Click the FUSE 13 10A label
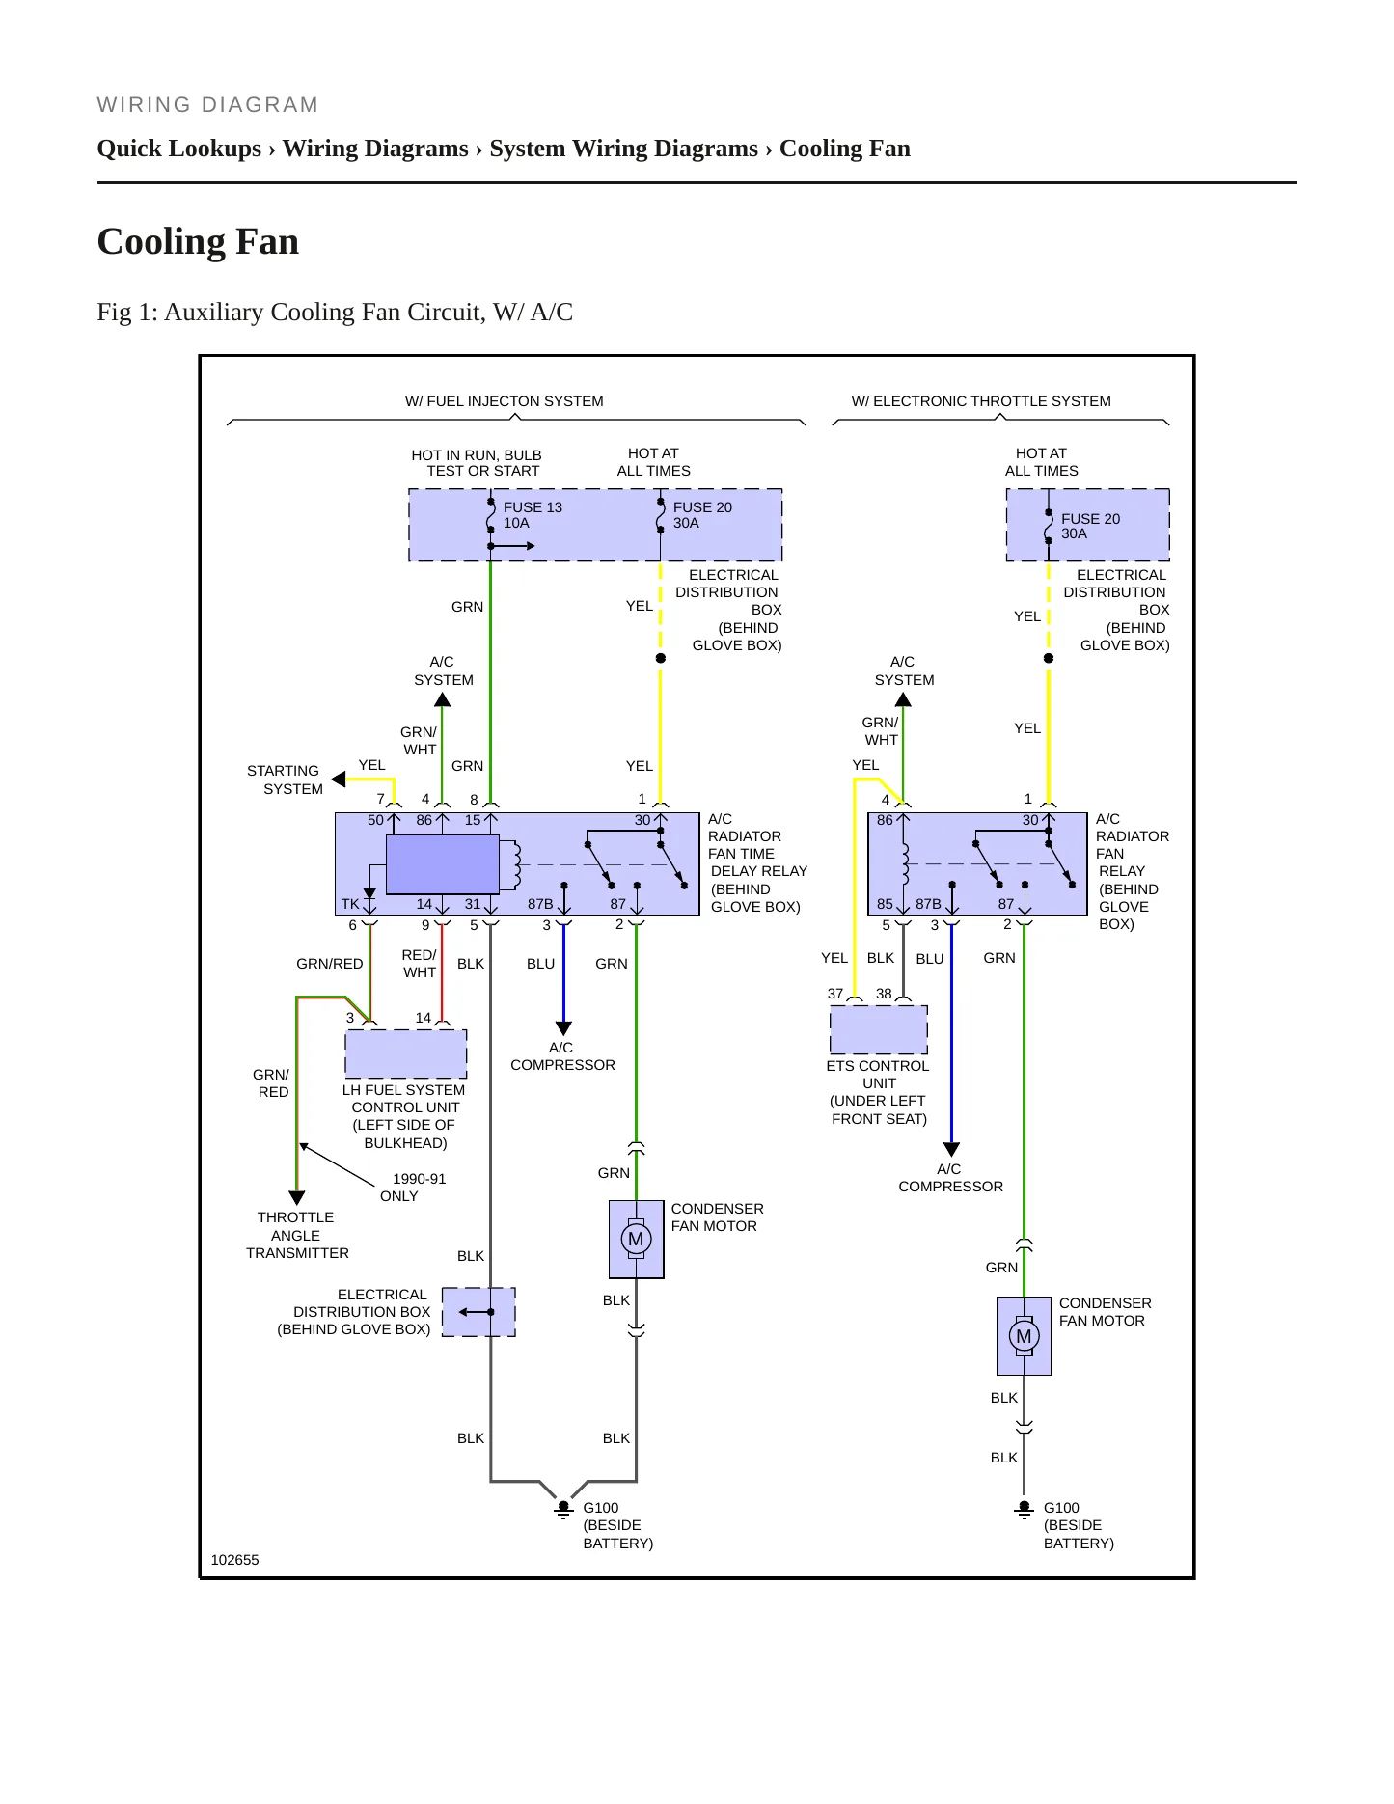coord(532,515)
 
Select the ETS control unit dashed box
coord(878,1029)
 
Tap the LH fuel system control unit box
coord(406,1053)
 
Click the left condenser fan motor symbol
coord(636,1239)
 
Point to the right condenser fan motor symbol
coord(1024,1336)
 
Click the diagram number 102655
coord(234,1560)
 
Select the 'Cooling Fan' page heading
coord(198,241)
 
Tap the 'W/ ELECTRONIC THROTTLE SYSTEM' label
coord(981,401)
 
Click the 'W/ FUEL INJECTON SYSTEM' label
coord(504,401)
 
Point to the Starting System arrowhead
coord(338,779)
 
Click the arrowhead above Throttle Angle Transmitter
coord(296,1198)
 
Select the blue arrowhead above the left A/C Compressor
coord(563,1028)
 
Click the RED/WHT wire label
coord(420,964)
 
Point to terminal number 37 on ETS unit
coord(835,994)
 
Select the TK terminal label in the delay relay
coord(350,904)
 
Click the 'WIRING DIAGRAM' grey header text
coord(207,105)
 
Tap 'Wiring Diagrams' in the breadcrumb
coord(375,149)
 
